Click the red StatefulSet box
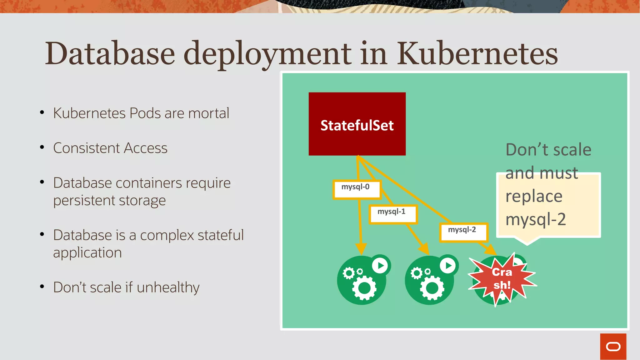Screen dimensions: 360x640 (x=357, y=124)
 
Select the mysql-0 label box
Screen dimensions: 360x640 (x=357, y=189)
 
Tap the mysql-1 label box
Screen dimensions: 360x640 (x=393, y=214)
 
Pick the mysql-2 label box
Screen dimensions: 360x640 (x=463, y=232)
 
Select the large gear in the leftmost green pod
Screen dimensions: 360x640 (x=364, y=288)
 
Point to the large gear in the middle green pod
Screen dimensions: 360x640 (x=432, y=288)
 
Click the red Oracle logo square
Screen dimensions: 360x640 (x=613, y=347)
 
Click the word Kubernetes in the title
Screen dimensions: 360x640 (x=477, y=53)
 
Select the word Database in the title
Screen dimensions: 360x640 (x=110, y=53)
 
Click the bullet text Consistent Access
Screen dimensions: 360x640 (x=110, y=148)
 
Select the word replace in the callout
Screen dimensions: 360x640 (x=534, y=196)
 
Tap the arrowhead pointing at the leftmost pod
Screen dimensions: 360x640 (x=361, y=249)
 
